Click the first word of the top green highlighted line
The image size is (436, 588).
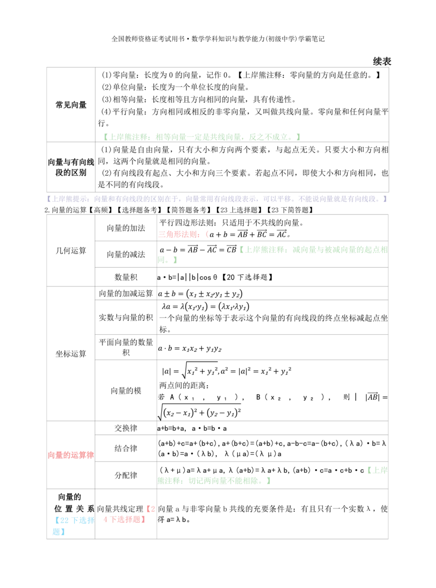click(x=126, y=136)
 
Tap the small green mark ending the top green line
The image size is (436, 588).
click(x=299, y=136)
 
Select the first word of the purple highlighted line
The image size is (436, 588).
click(x=65, y=200)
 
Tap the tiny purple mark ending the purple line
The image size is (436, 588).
click(x=386, y=200)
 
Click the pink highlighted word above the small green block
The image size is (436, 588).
click(x=180, y=235)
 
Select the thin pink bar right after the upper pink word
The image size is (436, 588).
click(x=207, y=235)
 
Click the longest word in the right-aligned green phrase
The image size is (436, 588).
click(x=339, y=250)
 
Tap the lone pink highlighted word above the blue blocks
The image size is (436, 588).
click(x=71, y=454)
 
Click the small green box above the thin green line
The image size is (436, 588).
click(x=377, y=469)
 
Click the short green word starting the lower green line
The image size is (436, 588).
click(x=169, y=480)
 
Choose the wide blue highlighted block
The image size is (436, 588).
click(x=74, y=520)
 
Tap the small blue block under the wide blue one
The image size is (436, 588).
click(x=59, y=532)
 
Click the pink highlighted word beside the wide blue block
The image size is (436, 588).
click(x=125, y=520)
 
